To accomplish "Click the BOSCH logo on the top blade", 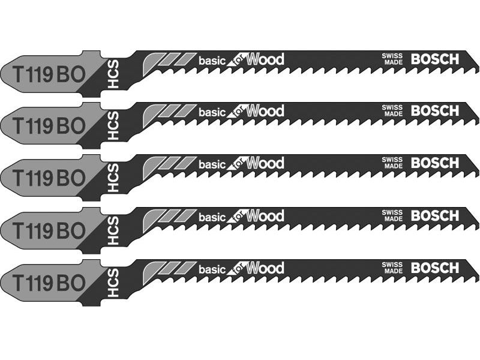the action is pyautogui.click(x=435, y=59).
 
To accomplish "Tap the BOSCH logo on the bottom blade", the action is pyautogui.click(x=435, y=268).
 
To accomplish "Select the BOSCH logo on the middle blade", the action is pyautogui.click(x=435, y=163).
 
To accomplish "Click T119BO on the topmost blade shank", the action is pyautogui.click(x=49, y=74).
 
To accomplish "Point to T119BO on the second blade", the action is pyautogui.click(x=49, y=126).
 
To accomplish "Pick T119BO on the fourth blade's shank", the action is pyautogui.click(x=49, y=231).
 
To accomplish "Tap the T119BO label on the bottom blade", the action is pyautogui.click(x=49, y=283).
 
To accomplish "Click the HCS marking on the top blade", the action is pyautogui.click(x=113, y=74).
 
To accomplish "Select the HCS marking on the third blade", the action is pyautogui.click(x=113, y=178).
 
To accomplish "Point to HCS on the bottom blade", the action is pyautogui.click(x=113, y=283).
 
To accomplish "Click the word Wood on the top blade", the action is pyautogui.click(x=265, y=59).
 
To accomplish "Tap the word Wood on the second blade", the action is pyautogui.click(x=265, y=111).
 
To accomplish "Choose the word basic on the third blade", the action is pyautogui.click(x=212, y=164).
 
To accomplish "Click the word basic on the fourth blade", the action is pyautogui.click(x=212, y=217).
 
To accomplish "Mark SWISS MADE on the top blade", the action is pyautogui.click(x=392, y=59).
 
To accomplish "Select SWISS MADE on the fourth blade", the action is pyautogui.click(x=392, y=215).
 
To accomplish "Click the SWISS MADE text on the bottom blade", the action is pyautogui.click(x=392, y=268).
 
